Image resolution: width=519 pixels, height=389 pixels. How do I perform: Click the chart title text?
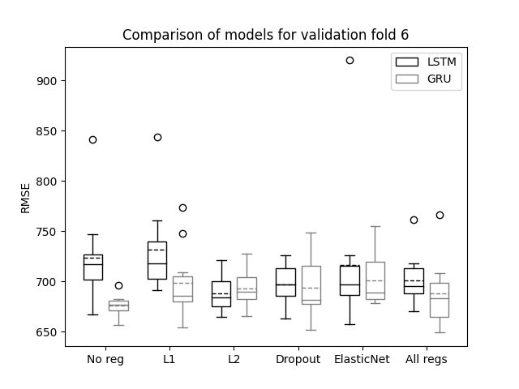(265, 35)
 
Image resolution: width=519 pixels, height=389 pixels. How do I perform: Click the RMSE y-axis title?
(25, 199)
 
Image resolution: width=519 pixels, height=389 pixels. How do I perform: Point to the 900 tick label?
(47, 81)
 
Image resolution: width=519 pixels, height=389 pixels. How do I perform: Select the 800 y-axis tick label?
(47, 182)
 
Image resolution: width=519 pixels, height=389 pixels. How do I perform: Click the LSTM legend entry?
(426, 62)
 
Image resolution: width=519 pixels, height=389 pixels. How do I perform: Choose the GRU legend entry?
(423, 79)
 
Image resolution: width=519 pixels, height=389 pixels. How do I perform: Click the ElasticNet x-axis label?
(362, 359)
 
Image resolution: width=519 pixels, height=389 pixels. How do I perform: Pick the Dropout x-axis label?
(298, 360)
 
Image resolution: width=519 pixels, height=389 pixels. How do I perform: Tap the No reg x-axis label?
(105, 360)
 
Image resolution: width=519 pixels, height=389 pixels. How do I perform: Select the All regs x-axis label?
(427, 360)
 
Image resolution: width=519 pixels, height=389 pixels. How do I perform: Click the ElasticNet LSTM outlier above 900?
(350, 61)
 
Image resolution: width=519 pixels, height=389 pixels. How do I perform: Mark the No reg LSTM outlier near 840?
(93, 140)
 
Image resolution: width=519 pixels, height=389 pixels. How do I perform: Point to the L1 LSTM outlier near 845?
(157, 137)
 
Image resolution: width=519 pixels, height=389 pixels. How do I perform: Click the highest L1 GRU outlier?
(182, 207)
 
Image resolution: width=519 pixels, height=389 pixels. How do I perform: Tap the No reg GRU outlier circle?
(119, 285)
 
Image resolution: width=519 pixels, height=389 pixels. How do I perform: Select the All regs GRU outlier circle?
(440, 216)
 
